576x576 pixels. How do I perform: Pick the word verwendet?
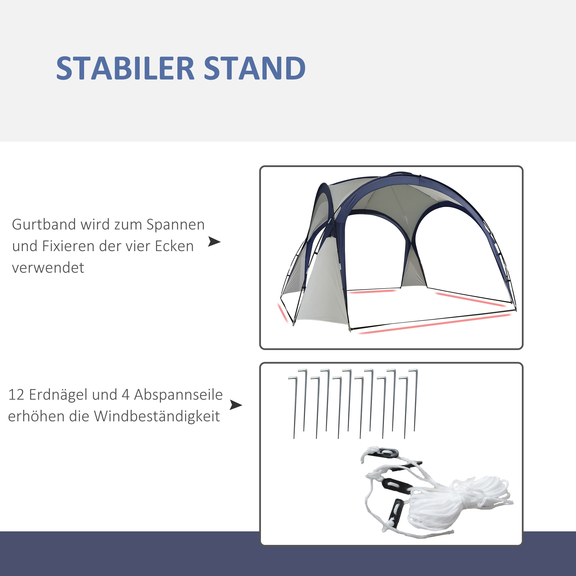tap(48, 268)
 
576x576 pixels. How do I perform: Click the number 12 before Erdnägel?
tap(16, 395)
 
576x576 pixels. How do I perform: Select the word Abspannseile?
tap(178, 395)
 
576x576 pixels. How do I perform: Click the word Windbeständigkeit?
tap(157, 416)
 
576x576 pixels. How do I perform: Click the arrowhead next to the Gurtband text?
tap(214, 242)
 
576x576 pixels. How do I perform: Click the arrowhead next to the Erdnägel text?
tap(236, 405)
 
